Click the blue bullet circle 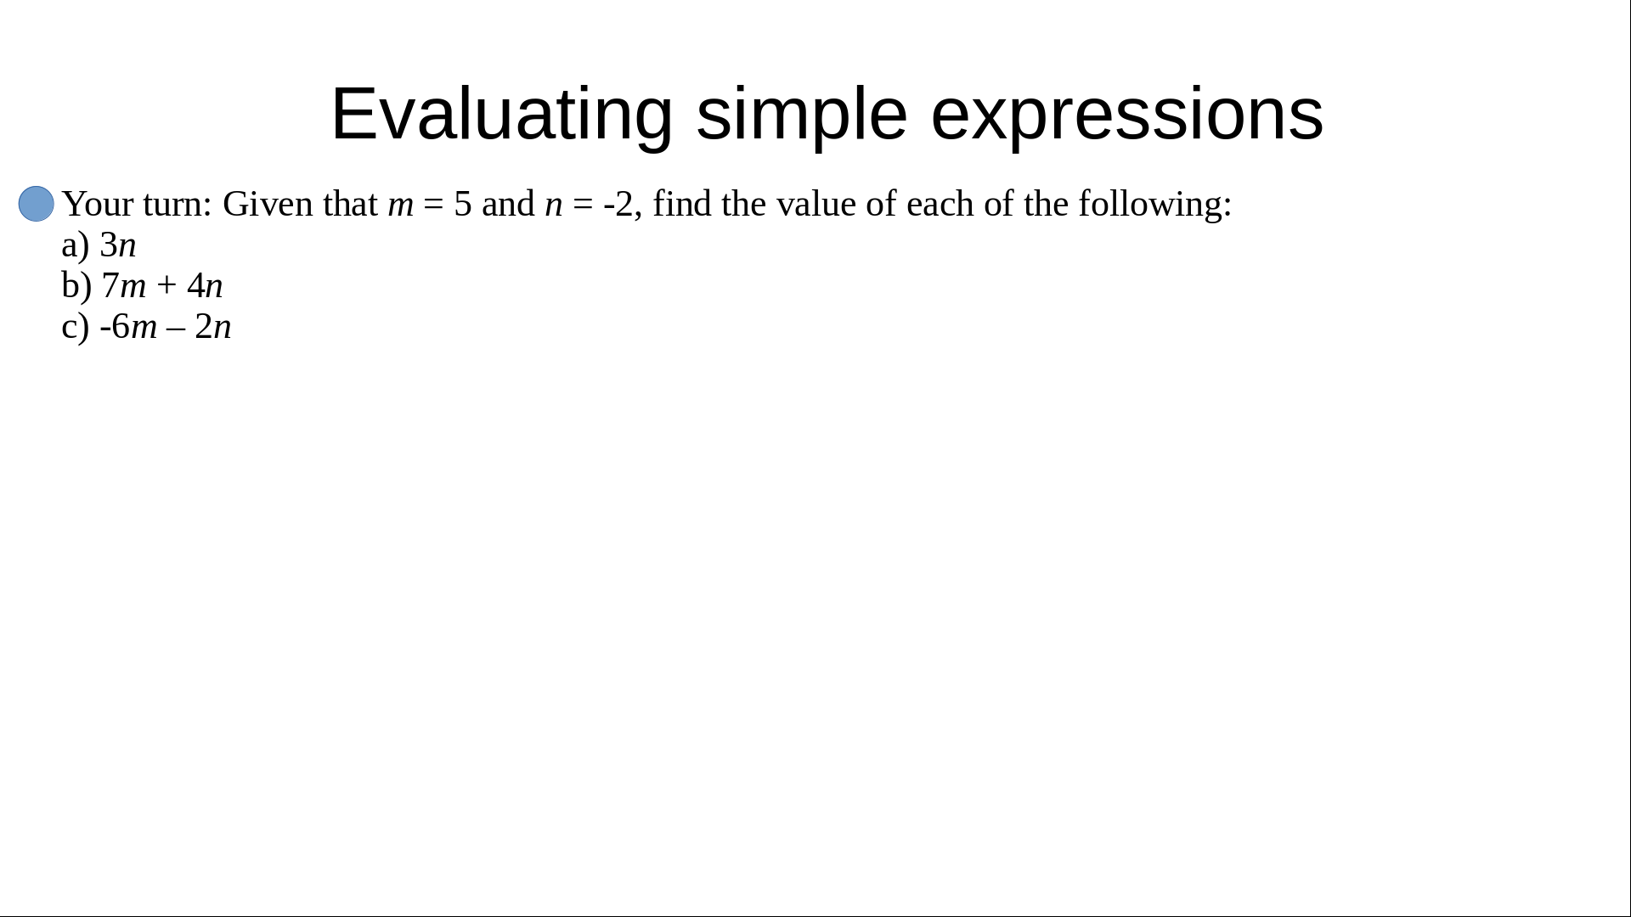coord(37,204)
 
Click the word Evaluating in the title coord(502,115)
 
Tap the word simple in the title coord(802,115)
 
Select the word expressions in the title coord(1127,115)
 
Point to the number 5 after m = coord(463,205)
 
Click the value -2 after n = coord(618,205)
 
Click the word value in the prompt coord(815,205)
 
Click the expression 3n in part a coord(118,245)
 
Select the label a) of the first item coord(76,246)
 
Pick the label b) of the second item coord(76,286)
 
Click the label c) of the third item coord(76,328)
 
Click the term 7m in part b coord(124,286)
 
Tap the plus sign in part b coord(166,287)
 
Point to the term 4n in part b coord(205,286)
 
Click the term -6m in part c coord(128,327)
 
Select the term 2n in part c coord(212,327)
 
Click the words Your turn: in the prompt coord(137,205)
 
